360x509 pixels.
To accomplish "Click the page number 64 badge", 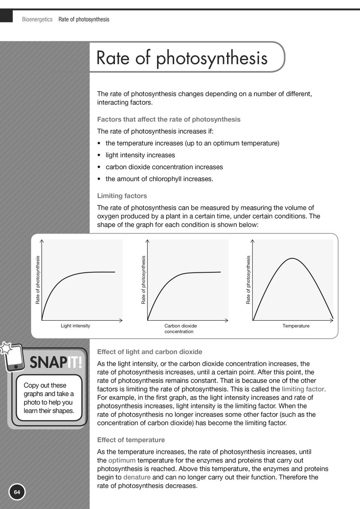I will pos(17,492).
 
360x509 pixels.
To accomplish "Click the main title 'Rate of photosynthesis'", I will pos(182,58).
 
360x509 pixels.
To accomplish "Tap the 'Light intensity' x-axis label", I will pos(75,326).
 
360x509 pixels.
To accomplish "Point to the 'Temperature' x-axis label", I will pos(296,326).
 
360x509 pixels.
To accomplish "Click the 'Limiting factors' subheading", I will pos(122,196).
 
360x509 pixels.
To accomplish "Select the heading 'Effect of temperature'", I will pos(131,440).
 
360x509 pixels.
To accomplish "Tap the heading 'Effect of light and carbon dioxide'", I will pos(149,352).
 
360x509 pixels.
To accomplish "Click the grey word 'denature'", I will pos(137,477).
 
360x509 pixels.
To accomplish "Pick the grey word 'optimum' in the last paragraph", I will pos(122,460).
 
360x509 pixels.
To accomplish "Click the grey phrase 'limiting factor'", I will pos(303,389).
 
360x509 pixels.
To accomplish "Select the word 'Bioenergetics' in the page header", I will pos(37,19).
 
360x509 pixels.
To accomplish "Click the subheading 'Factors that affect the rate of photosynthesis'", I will pos(169,119).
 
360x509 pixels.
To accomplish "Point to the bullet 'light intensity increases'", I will pos(140,155).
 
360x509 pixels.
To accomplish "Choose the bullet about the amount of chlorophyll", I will pos(159,179).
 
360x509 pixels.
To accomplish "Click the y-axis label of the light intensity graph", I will pos(37,280).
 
